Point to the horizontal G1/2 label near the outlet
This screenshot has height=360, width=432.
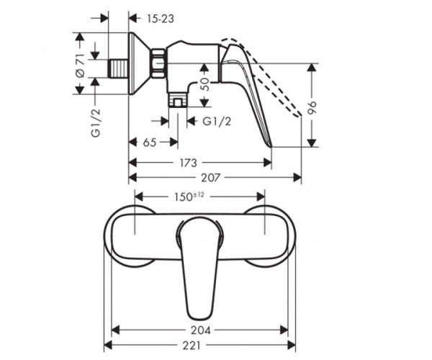[x=216, y=121]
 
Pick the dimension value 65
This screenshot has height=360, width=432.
[x=150, y=143]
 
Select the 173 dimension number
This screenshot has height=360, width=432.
[x=189, y=163]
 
